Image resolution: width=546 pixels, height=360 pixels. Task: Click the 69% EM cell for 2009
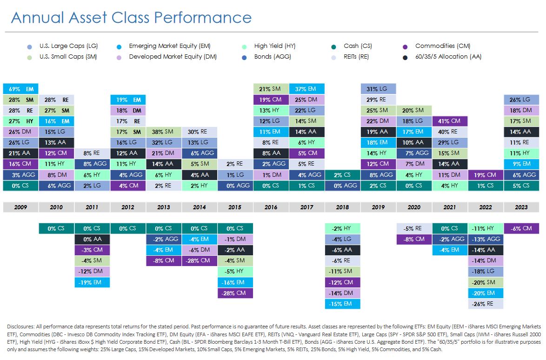click(20, 88)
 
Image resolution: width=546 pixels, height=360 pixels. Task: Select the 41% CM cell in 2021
click(450, 121)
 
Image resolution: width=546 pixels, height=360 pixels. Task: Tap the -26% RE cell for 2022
click(486, 304)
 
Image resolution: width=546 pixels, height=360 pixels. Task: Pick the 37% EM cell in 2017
click(306, 88)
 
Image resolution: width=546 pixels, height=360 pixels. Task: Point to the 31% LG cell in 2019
click(378, 88)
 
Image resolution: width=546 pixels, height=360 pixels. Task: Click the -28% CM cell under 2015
click(235, 293)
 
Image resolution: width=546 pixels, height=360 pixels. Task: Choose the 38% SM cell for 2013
click(164, 132)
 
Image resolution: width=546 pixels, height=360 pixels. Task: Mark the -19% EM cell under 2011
click(92, 282)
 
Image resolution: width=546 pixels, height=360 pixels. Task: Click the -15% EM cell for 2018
click(342, 304)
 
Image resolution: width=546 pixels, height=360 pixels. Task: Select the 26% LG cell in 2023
click(521, 100)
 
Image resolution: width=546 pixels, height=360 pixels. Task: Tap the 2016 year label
click(271, 207)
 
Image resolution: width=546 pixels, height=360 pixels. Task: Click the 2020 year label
click(414, 207)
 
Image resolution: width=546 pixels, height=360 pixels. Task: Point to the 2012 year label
click(128, 207)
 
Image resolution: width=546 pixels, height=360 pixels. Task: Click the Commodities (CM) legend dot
click(406, 47)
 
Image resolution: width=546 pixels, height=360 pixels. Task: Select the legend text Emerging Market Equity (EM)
click(169, 46)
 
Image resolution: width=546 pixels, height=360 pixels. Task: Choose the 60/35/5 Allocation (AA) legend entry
click(448, 57)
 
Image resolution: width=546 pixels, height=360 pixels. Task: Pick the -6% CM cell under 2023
click(521, 228)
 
